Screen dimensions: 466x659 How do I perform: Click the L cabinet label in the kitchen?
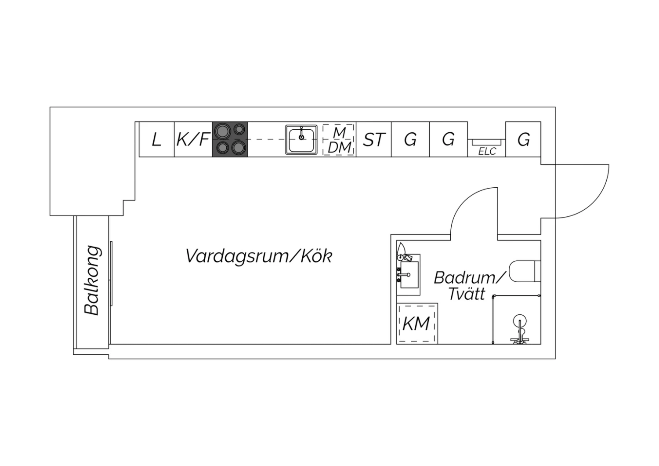(x=156, y=140)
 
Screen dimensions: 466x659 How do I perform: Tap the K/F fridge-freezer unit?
(x=193, y=140)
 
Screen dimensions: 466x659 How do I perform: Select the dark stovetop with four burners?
(x=230, y=139)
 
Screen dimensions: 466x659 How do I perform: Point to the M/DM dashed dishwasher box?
(x=339, y=140)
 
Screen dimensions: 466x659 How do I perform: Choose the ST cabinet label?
(x=374, y=140)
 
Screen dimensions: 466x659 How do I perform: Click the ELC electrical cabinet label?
(x=487, y=151)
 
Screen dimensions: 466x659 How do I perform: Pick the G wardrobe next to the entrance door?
(x=523, y=140)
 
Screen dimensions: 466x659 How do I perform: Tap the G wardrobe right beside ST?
(x=410, y=140)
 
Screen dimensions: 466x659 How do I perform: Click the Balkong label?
(x=92, y=280)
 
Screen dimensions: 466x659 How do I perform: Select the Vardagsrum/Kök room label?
(x=259, y=256)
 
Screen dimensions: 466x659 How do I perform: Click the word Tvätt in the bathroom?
(x=467, y=294)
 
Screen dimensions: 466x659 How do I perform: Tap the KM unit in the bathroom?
(x=416, y=324)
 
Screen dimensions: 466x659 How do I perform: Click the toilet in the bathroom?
(x=525, y=271)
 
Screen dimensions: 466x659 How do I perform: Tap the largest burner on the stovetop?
(x=222, y=131)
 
